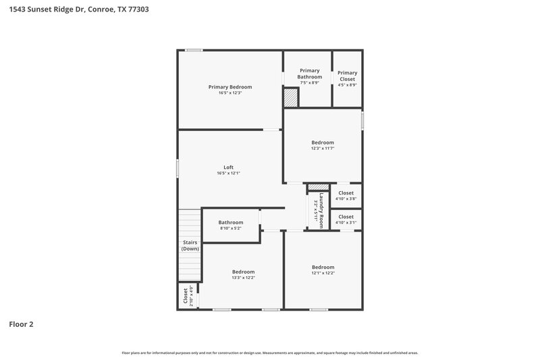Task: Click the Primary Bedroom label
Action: click(x=230, y=86)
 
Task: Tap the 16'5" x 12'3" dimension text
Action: click(x=230, y=93)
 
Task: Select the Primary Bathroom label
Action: click(x=309, y=74)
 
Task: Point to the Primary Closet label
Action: click(x=347, y=76)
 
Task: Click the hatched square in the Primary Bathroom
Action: click(x=290, y=99)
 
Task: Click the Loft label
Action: click(x=229, y=167)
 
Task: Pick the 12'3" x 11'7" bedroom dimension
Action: click(x=322, y=149)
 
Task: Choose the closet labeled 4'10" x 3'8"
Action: click(x=346, y=196)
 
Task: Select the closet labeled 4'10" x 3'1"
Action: click(x=346, y=220)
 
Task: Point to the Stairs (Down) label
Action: click(x=190, y=246)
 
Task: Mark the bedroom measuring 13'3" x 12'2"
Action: click(x=243, y=274)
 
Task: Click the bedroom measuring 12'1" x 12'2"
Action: click(x=323, y=269)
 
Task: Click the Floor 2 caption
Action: click(x=21, y=324)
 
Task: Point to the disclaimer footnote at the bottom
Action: click(x=269, y=353)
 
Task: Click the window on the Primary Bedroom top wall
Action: click(x=194, y=50)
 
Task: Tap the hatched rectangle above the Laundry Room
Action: click(x=318, y=187)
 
